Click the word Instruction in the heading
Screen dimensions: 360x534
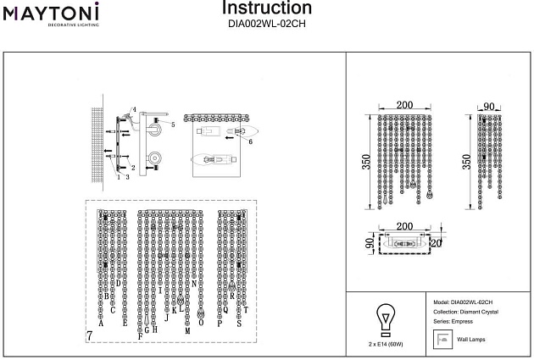[x=266, y=8]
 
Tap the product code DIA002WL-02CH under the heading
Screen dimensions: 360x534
[x=266, y=25]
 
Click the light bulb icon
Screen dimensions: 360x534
[x=385, y=320]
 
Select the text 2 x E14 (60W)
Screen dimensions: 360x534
[x=386, y=346]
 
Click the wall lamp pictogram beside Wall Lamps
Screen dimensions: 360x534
[x=441, y=339]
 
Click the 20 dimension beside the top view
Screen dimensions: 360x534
[x=435, y=242]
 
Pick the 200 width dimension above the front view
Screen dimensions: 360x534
[x=404, y=105]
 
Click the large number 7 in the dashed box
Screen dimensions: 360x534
[x=90, y=336]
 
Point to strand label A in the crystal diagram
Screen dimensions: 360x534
[x=101, y=324]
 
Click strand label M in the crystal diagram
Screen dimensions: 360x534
[x=186, y=331]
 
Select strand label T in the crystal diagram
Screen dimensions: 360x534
[x=247, y=311]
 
